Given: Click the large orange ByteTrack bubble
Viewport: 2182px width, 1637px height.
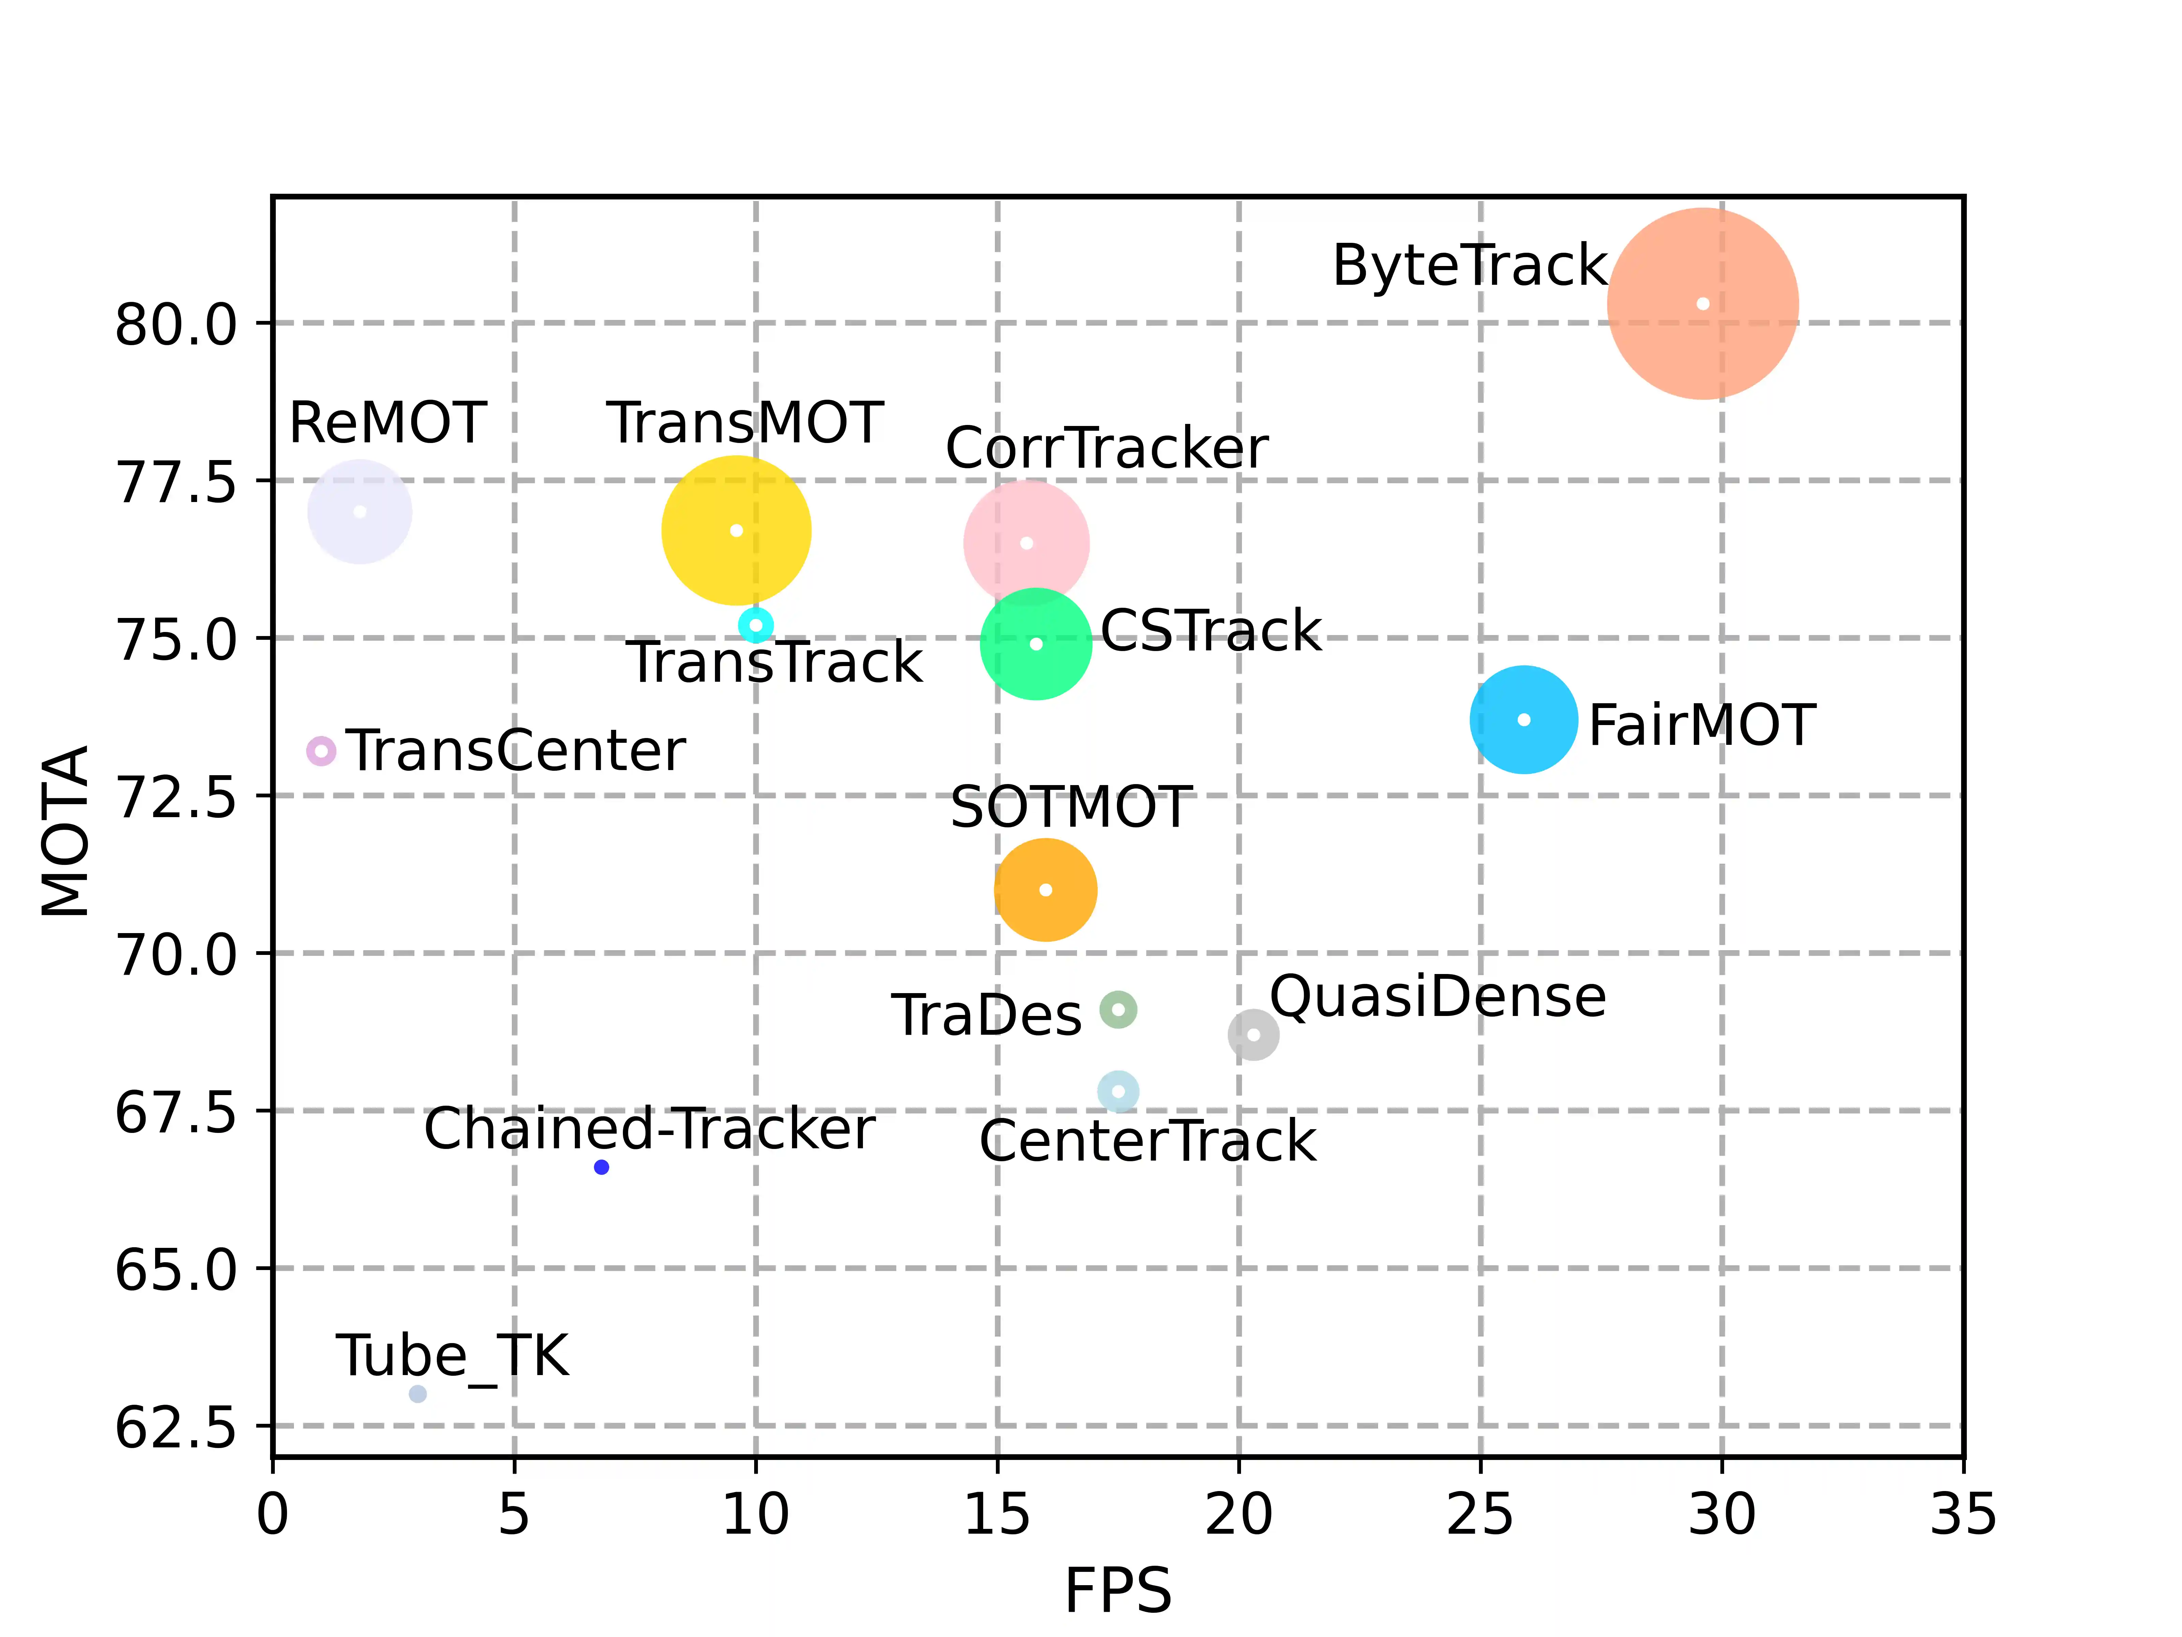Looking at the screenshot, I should click(1703, 304).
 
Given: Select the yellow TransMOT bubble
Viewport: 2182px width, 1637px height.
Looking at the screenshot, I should click(736, 531).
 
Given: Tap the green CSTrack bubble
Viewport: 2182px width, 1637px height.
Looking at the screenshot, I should click(1036, 644).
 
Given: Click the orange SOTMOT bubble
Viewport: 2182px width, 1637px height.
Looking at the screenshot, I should click(1046, 890).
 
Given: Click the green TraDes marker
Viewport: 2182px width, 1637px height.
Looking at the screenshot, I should click(1118, 1009).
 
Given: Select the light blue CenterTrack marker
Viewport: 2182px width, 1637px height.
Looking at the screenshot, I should click(1118, 1091).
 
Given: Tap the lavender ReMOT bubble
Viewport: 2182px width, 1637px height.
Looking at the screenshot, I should click(360, 512).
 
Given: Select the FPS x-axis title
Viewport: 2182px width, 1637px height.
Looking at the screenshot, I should click(1118, 1591).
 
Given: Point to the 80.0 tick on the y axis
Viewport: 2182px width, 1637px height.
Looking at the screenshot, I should click(176, 325).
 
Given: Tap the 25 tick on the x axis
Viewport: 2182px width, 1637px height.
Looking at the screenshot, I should click(1480, 1515).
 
